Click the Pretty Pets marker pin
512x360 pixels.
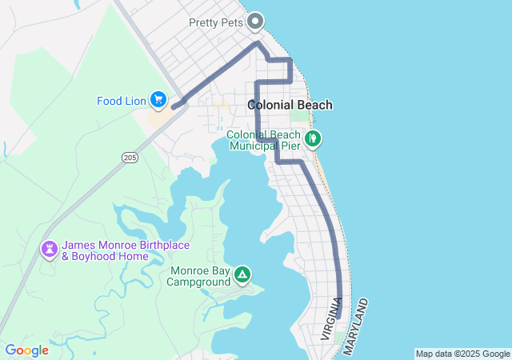click(255, 21)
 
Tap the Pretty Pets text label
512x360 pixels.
click(215, 22)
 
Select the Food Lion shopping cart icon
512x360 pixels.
click(158, 99)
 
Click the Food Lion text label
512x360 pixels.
click(120, 101)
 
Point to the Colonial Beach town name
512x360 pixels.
click(290, 105)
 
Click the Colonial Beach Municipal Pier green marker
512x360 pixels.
click(314, 138)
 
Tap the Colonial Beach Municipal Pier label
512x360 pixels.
click(264, 140)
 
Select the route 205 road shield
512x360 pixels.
click(130, 158)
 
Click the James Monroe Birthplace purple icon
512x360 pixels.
click(50, 250)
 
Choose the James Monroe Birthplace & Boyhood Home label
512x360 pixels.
click(106, 250)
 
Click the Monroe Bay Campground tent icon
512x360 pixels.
click(242, 276)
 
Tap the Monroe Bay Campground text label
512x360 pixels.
click(199, 276)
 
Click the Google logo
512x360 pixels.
click(26, 350)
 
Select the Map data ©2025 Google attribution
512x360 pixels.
click(462, 354)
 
